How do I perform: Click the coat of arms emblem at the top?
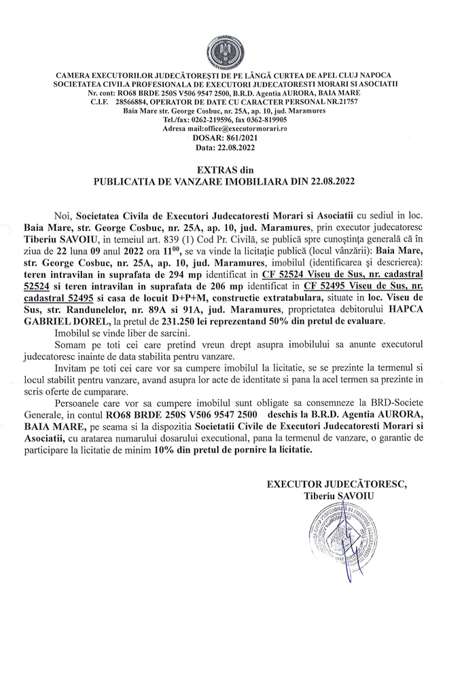[230, 51]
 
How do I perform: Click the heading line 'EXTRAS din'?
[230, 170]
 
